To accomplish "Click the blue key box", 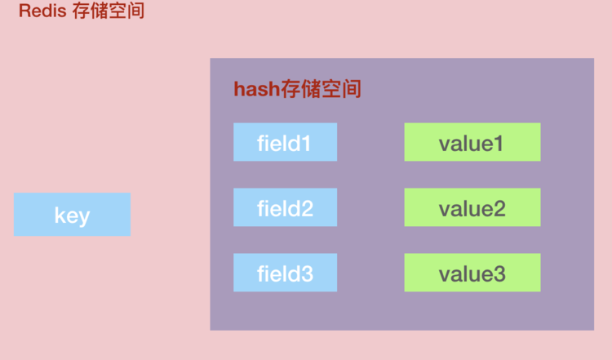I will click(72, 215).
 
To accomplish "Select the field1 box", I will click(285, 142).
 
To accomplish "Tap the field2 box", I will click(285, 207).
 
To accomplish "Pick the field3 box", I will click(285, 273).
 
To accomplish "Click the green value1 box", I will click(472, 142).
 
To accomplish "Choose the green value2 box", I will click(472, 207).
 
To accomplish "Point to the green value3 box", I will click(472, 273).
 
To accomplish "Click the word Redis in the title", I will click(39, 12).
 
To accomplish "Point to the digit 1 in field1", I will click(307, 144).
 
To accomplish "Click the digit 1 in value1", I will click(500, 144).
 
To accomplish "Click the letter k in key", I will click(60, 216).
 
